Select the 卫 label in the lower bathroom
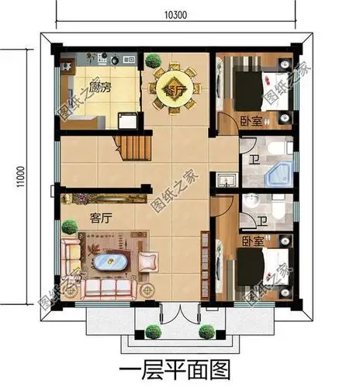pyautogui.click(x=263, y=222)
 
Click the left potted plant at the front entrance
pyautogui.click(x=151, y=331)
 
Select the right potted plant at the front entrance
pyautogui.click(x=207, y=332)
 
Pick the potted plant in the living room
pyautogui.click(x=71, y=228)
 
